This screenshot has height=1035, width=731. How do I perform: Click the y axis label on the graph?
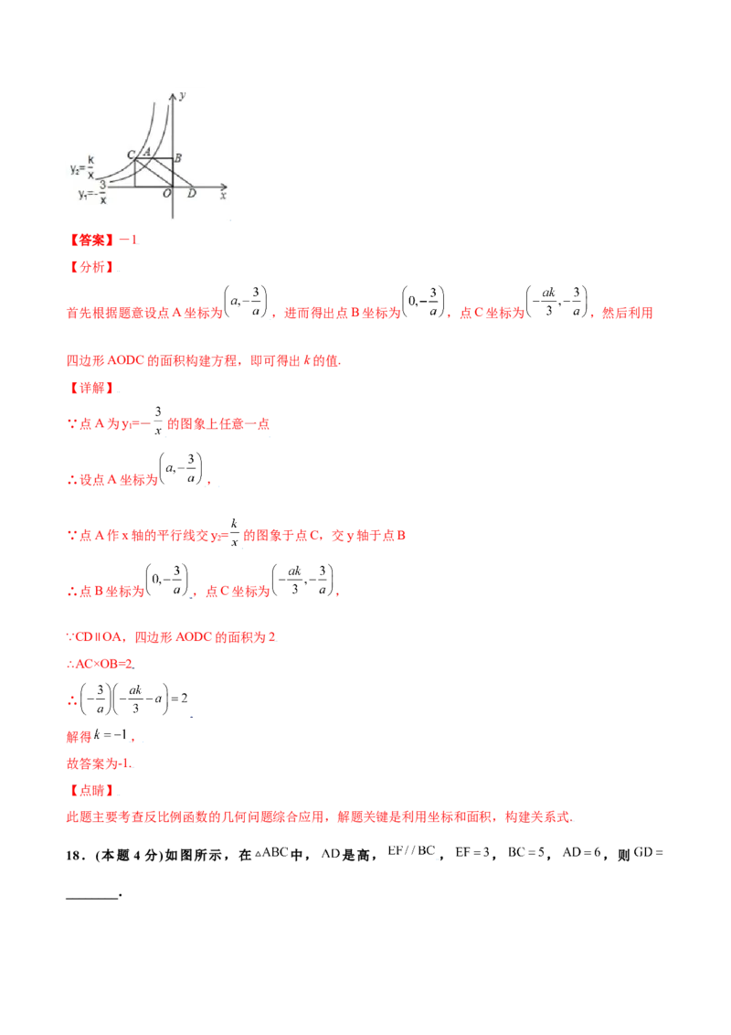[x=184, y=94]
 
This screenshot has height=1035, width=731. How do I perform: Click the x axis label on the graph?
[x=223, y=195]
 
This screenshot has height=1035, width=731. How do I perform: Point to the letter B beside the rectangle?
[x=178, y=158]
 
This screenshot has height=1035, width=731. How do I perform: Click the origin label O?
[x=166, y=194]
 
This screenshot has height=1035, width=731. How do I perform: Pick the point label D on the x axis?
[x=191, y=194]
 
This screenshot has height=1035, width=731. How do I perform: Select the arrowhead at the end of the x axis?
[x=226, y=187]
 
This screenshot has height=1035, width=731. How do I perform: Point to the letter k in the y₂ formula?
[x=90, y=162]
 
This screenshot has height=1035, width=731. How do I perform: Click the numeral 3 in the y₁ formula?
[x=102, y=187]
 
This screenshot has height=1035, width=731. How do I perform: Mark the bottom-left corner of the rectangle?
[x=134, y=187]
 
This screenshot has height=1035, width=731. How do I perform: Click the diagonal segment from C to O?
[x=154, y=174]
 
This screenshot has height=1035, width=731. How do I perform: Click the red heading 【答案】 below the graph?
[x=91, y=240]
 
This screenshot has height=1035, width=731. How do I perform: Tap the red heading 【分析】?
[x=92, y=268]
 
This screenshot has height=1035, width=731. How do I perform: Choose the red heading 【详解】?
[x=92, y=388]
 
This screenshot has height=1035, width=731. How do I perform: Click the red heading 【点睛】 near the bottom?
[x=92, y=789]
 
